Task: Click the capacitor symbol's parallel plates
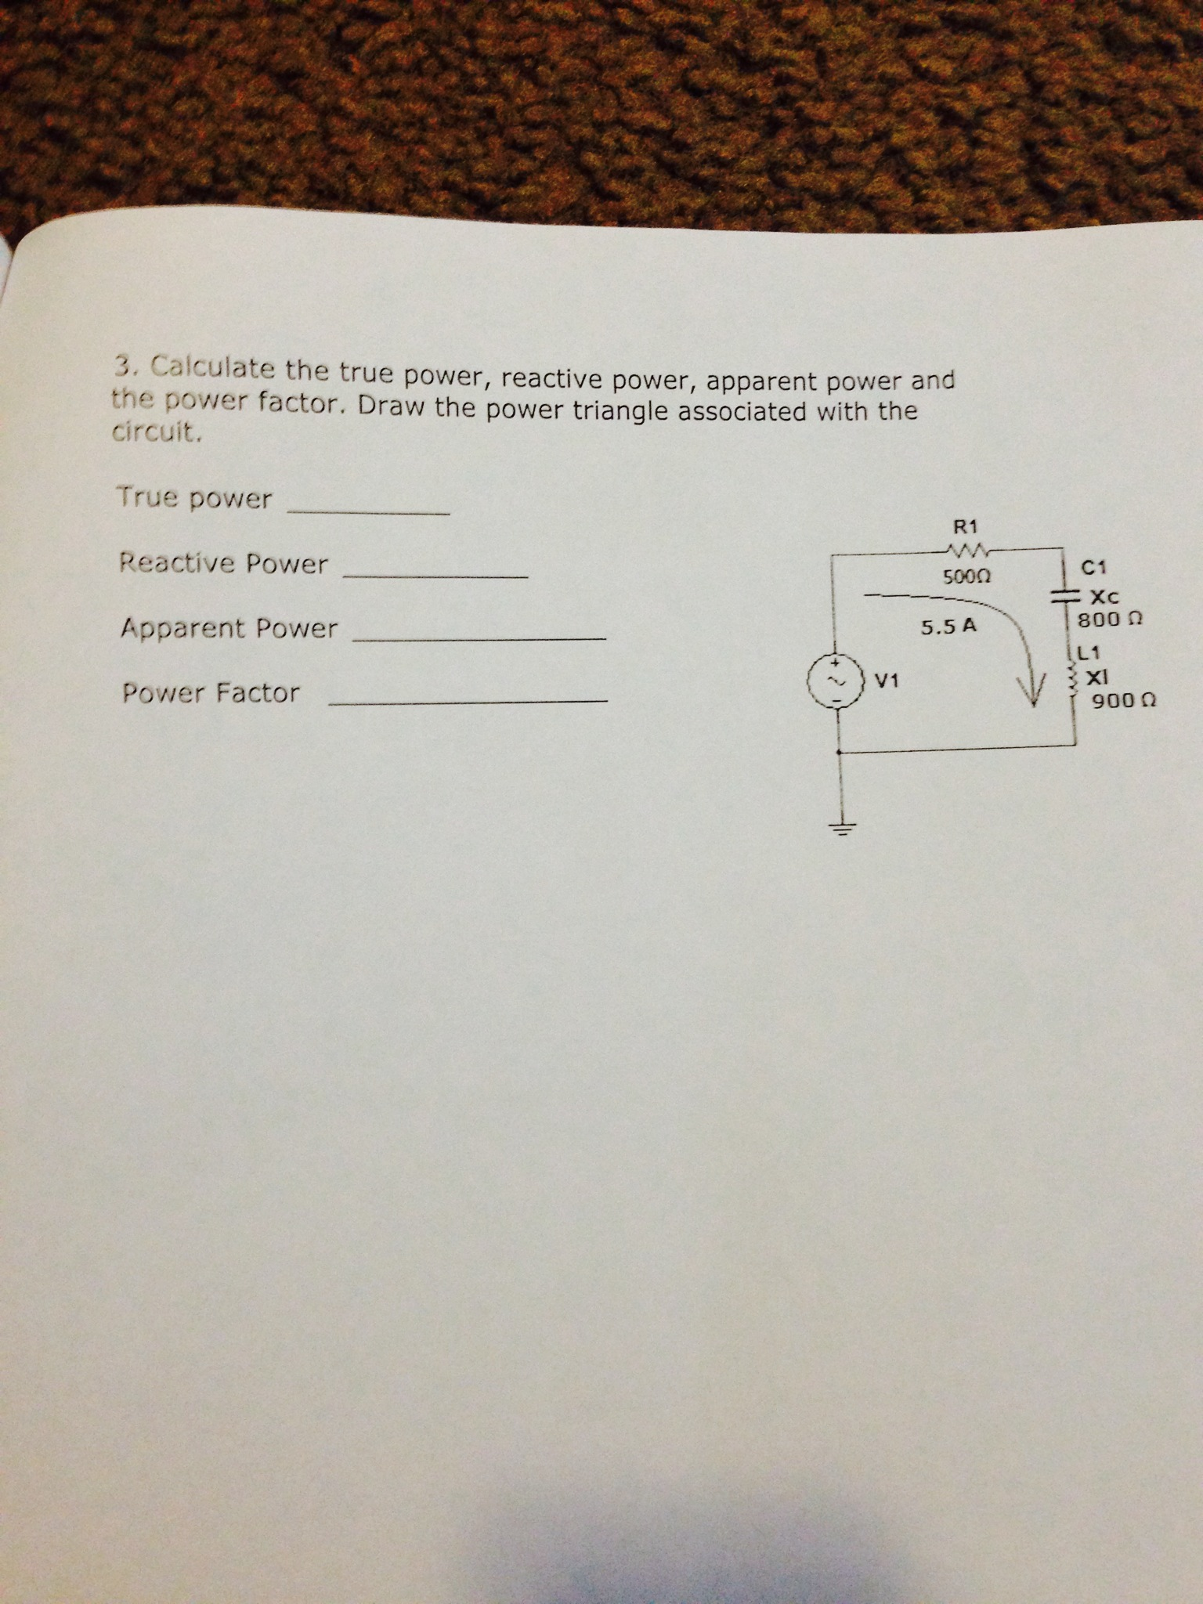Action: point(1065,597)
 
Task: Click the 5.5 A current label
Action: point(948,627)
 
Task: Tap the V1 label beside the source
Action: point(886,681)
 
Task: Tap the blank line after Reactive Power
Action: point(436,576)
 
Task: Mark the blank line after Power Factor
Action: point(468,701)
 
